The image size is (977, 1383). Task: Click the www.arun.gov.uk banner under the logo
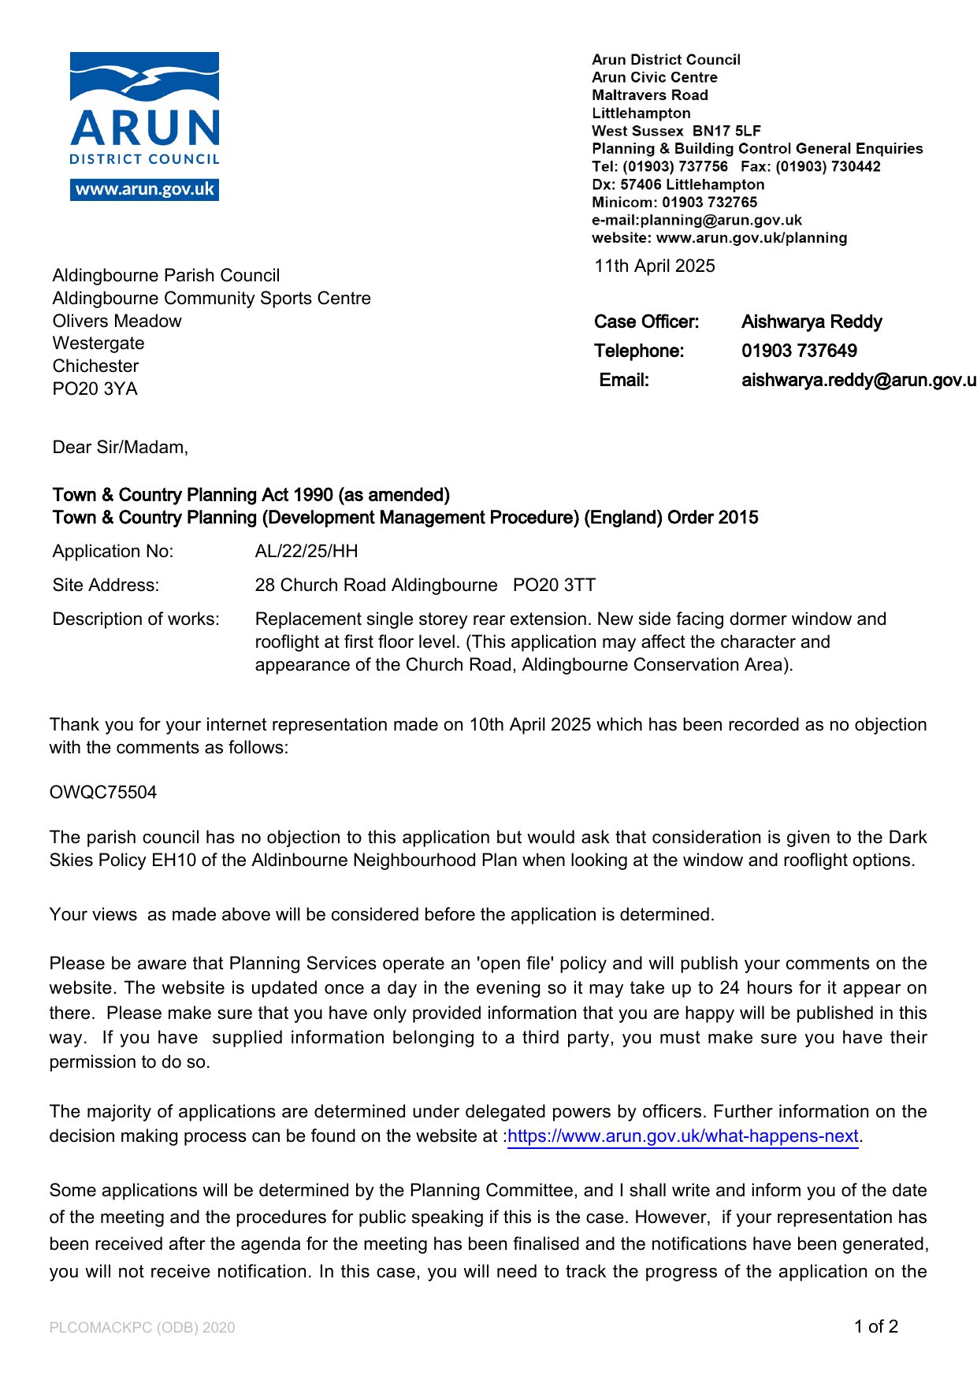pos(144,189)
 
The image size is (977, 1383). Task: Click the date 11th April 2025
pos(654,266)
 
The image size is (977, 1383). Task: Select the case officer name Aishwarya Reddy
pos(812,322)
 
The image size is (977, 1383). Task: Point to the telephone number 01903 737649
pos(799,351)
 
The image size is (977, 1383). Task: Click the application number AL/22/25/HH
pos(306,552)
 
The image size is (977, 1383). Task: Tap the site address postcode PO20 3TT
pos(554,586)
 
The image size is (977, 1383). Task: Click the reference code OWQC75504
pos(103,793)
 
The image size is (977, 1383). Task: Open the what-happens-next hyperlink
pos(683,1136)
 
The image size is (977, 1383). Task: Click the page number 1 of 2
pos(875,1327)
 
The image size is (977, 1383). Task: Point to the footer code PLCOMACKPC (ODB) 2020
pos(142,1328)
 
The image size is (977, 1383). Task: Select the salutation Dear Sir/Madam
pos(121,448)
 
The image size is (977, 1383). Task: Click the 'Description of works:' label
pos(136,619)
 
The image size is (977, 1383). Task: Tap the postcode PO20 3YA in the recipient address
pos(95,389)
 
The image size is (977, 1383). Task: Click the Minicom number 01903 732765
pos(709,203)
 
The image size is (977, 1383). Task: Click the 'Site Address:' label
pos(106,586)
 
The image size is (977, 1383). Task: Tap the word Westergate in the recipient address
pos(98,344)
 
